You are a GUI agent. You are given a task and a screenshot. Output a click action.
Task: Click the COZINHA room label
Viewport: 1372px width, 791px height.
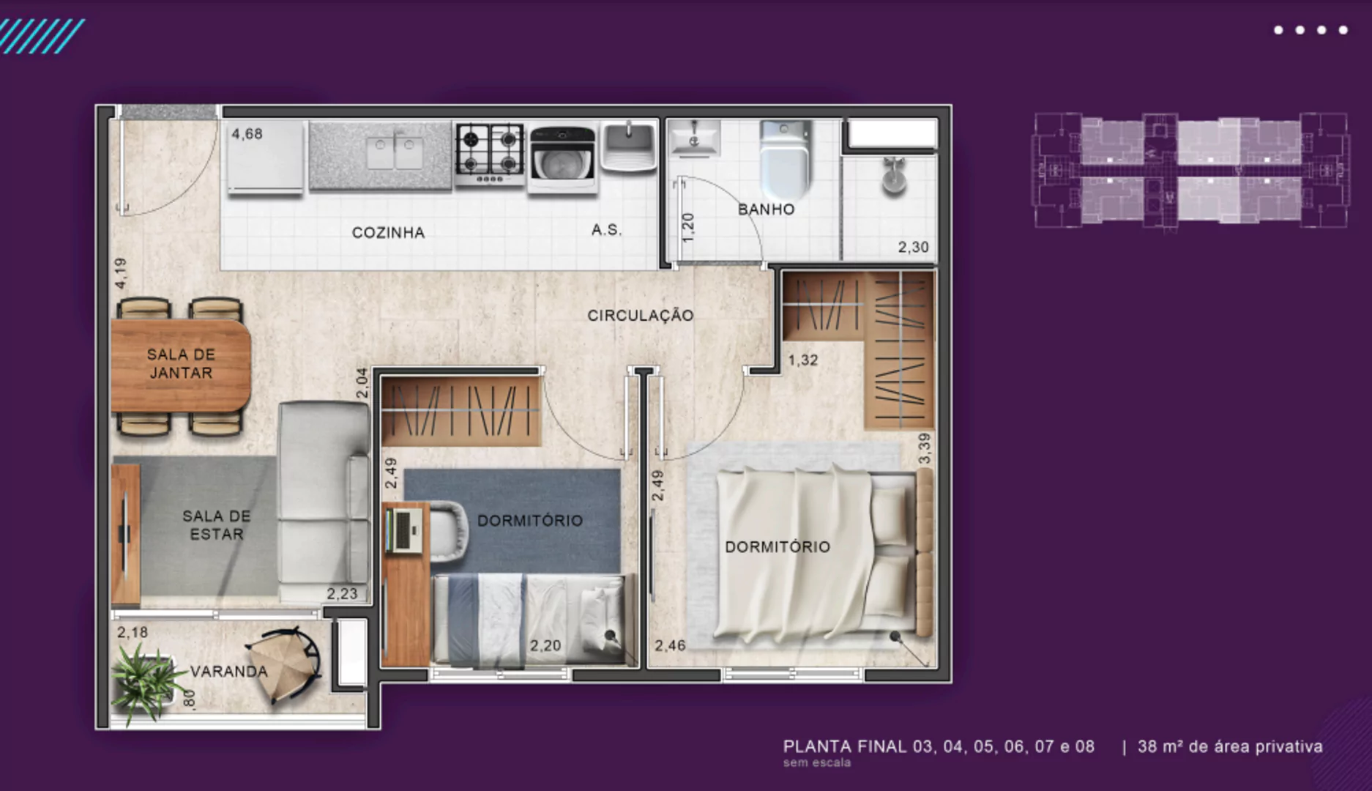pyautogui.click(x=388, y=233)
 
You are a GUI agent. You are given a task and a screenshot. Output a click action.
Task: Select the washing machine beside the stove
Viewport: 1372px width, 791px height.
pyautogui.click(x=562, y=160)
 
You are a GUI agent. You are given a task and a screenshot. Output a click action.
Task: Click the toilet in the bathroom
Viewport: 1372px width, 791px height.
pyautogui.click(x=785, y=158)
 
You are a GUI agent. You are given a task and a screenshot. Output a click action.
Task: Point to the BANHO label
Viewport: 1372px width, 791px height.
pyautogui.click(x=766, y=209)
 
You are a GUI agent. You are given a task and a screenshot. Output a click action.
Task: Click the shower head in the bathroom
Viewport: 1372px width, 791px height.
pyautogui.click(x=893, y=175)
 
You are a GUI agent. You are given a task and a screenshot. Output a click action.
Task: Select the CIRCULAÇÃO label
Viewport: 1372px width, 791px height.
pyautogui.click(x=641, y=315)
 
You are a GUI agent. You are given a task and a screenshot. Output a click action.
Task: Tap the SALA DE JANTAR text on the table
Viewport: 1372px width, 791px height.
pyautogui.click(x=181, y=363)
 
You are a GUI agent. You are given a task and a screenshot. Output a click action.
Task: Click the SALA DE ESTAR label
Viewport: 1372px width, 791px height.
pyautogui.click(x=216, y=525)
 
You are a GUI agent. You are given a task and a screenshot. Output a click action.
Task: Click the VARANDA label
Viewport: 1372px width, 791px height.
pyautogui.click(x=229, y=672)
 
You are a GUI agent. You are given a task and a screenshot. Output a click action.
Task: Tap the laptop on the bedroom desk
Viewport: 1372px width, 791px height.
pyautogui.click(x=403, y=530)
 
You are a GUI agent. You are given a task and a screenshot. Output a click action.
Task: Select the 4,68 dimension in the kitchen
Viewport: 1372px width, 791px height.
pyautogui.click(x=247, y=134)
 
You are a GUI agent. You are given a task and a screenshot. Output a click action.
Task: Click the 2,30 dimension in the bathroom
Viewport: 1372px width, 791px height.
pyautogui.click(x=913, y=248)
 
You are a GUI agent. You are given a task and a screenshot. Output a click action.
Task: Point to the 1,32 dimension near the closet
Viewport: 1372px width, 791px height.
pyautogui.click(x=802, y=360)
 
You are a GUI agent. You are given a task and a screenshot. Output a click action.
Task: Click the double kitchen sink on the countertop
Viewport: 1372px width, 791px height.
pyautogui.click(x=394, y=152)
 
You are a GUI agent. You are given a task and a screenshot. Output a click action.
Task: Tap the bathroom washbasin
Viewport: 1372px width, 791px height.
pyautogui.click(x=693, y=138)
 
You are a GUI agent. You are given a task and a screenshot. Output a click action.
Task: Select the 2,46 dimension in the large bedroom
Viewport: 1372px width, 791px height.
pyautogui.click(x=670, y=646)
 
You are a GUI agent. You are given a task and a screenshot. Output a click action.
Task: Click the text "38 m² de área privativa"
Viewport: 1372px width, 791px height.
pyautogui.click(x=1230, y=747)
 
